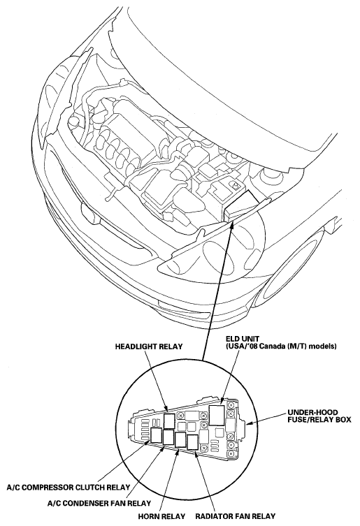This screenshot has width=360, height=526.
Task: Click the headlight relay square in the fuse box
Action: [168, 421]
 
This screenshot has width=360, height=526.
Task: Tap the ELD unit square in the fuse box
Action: [217, 416]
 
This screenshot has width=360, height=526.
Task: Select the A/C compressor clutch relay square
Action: [157, 436]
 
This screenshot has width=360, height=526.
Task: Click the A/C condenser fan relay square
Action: [169, 438]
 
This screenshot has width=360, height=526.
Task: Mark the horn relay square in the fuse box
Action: [181, 440]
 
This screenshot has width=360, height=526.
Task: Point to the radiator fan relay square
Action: [192, 441]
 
